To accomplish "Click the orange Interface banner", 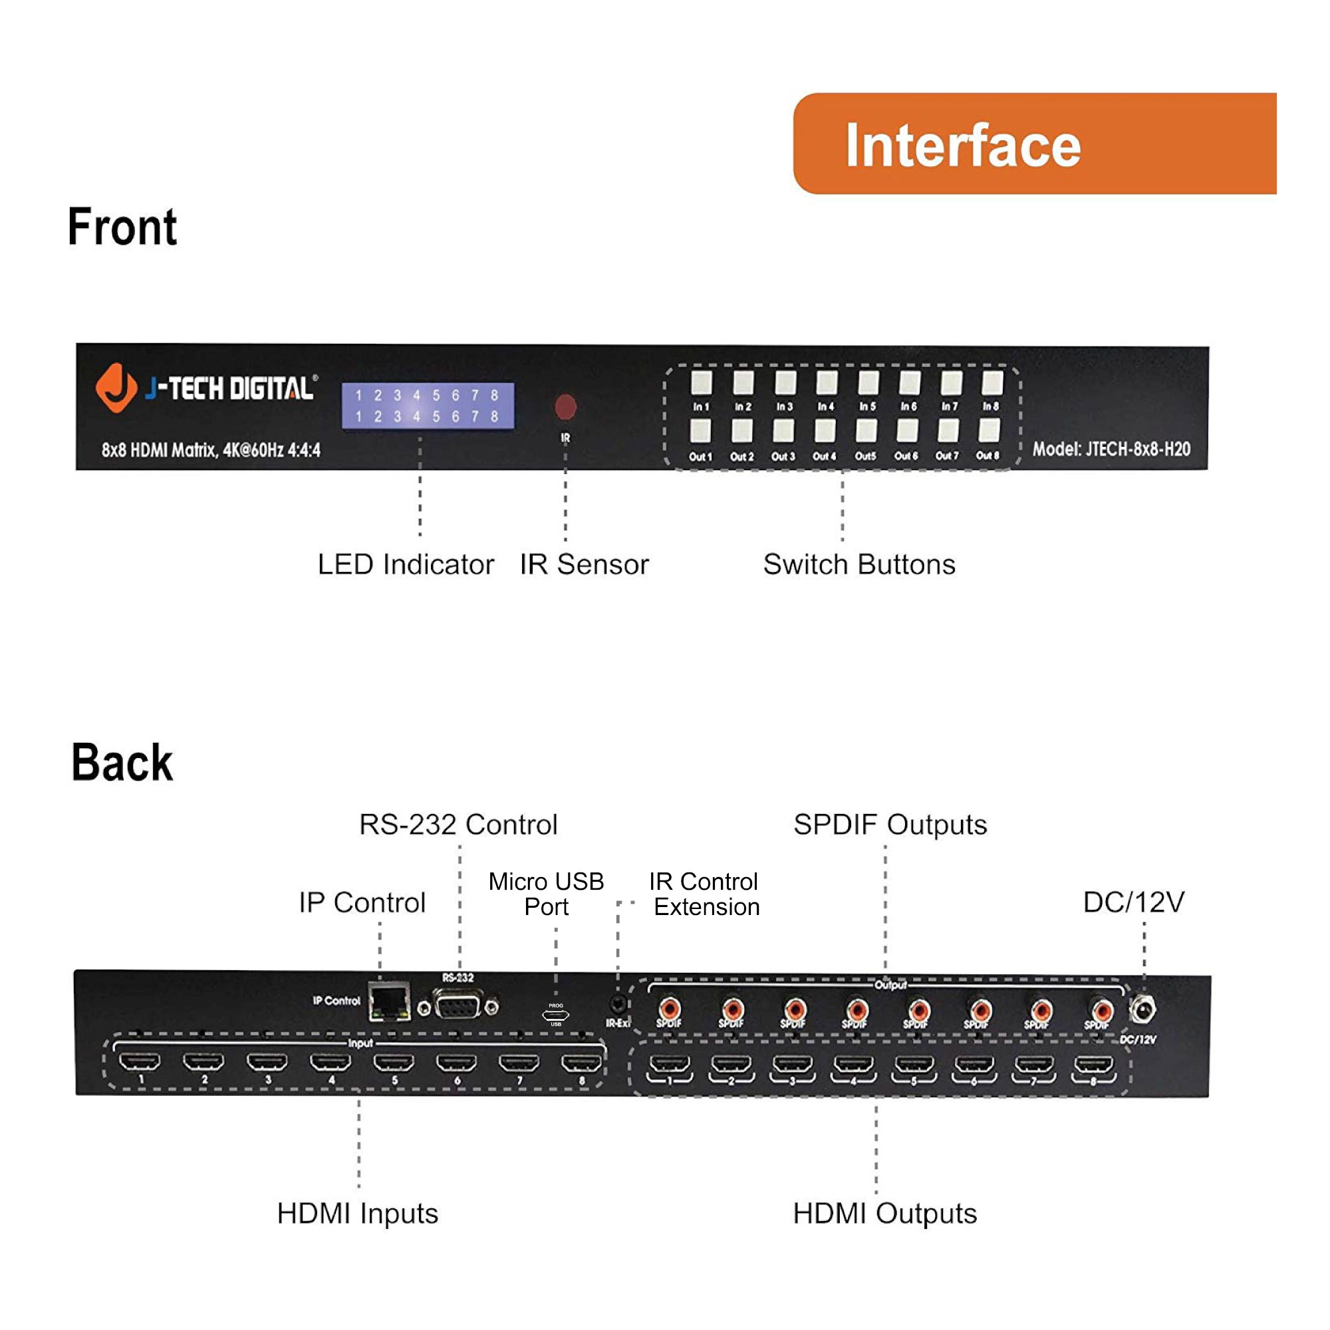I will coord(1034,143).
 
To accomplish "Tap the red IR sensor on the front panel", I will coord(565,406).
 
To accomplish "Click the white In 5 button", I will coord(867,382).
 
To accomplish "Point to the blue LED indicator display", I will coord(428,406).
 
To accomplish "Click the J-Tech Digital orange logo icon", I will coord(116,388).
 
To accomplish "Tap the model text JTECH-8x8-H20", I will coord(1111,449).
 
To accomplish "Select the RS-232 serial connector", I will coord(458,1007).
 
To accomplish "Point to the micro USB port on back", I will coord(555,1015).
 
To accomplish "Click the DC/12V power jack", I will coord(1142,1010).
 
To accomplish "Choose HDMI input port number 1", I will coord(140,1062).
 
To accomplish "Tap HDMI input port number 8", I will coord(582,1063).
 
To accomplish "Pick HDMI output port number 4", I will coord(853,1065).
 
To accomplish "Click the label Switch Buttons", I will coord(859,565).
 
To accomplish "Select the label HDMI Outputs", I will coord(884,1214).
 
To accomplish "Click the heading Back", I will coord(122,763).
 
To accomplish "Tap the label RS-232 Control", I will coord(458,824).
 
